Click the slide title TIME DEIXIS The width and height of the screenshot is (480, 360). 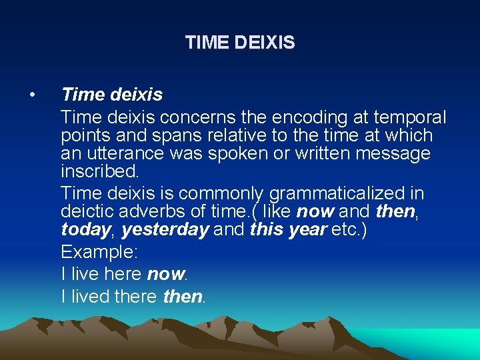point(240,43)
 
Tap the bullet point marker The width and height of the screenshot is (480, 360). point(32,95)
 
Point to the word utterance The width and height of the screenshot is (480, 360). point(122,155)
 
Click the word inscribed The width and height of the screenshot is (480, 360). point(99,171)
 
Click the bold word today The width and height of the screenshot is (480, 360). point(85,230)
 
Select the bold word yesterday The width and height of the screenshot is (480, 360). point(165,230)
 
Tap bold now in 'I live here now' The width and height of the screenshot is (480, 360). point(166,275)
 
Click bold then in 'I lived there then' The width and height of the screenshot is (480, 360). point(183,297)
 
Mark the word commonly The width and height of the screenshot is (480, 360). point(223,194)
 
